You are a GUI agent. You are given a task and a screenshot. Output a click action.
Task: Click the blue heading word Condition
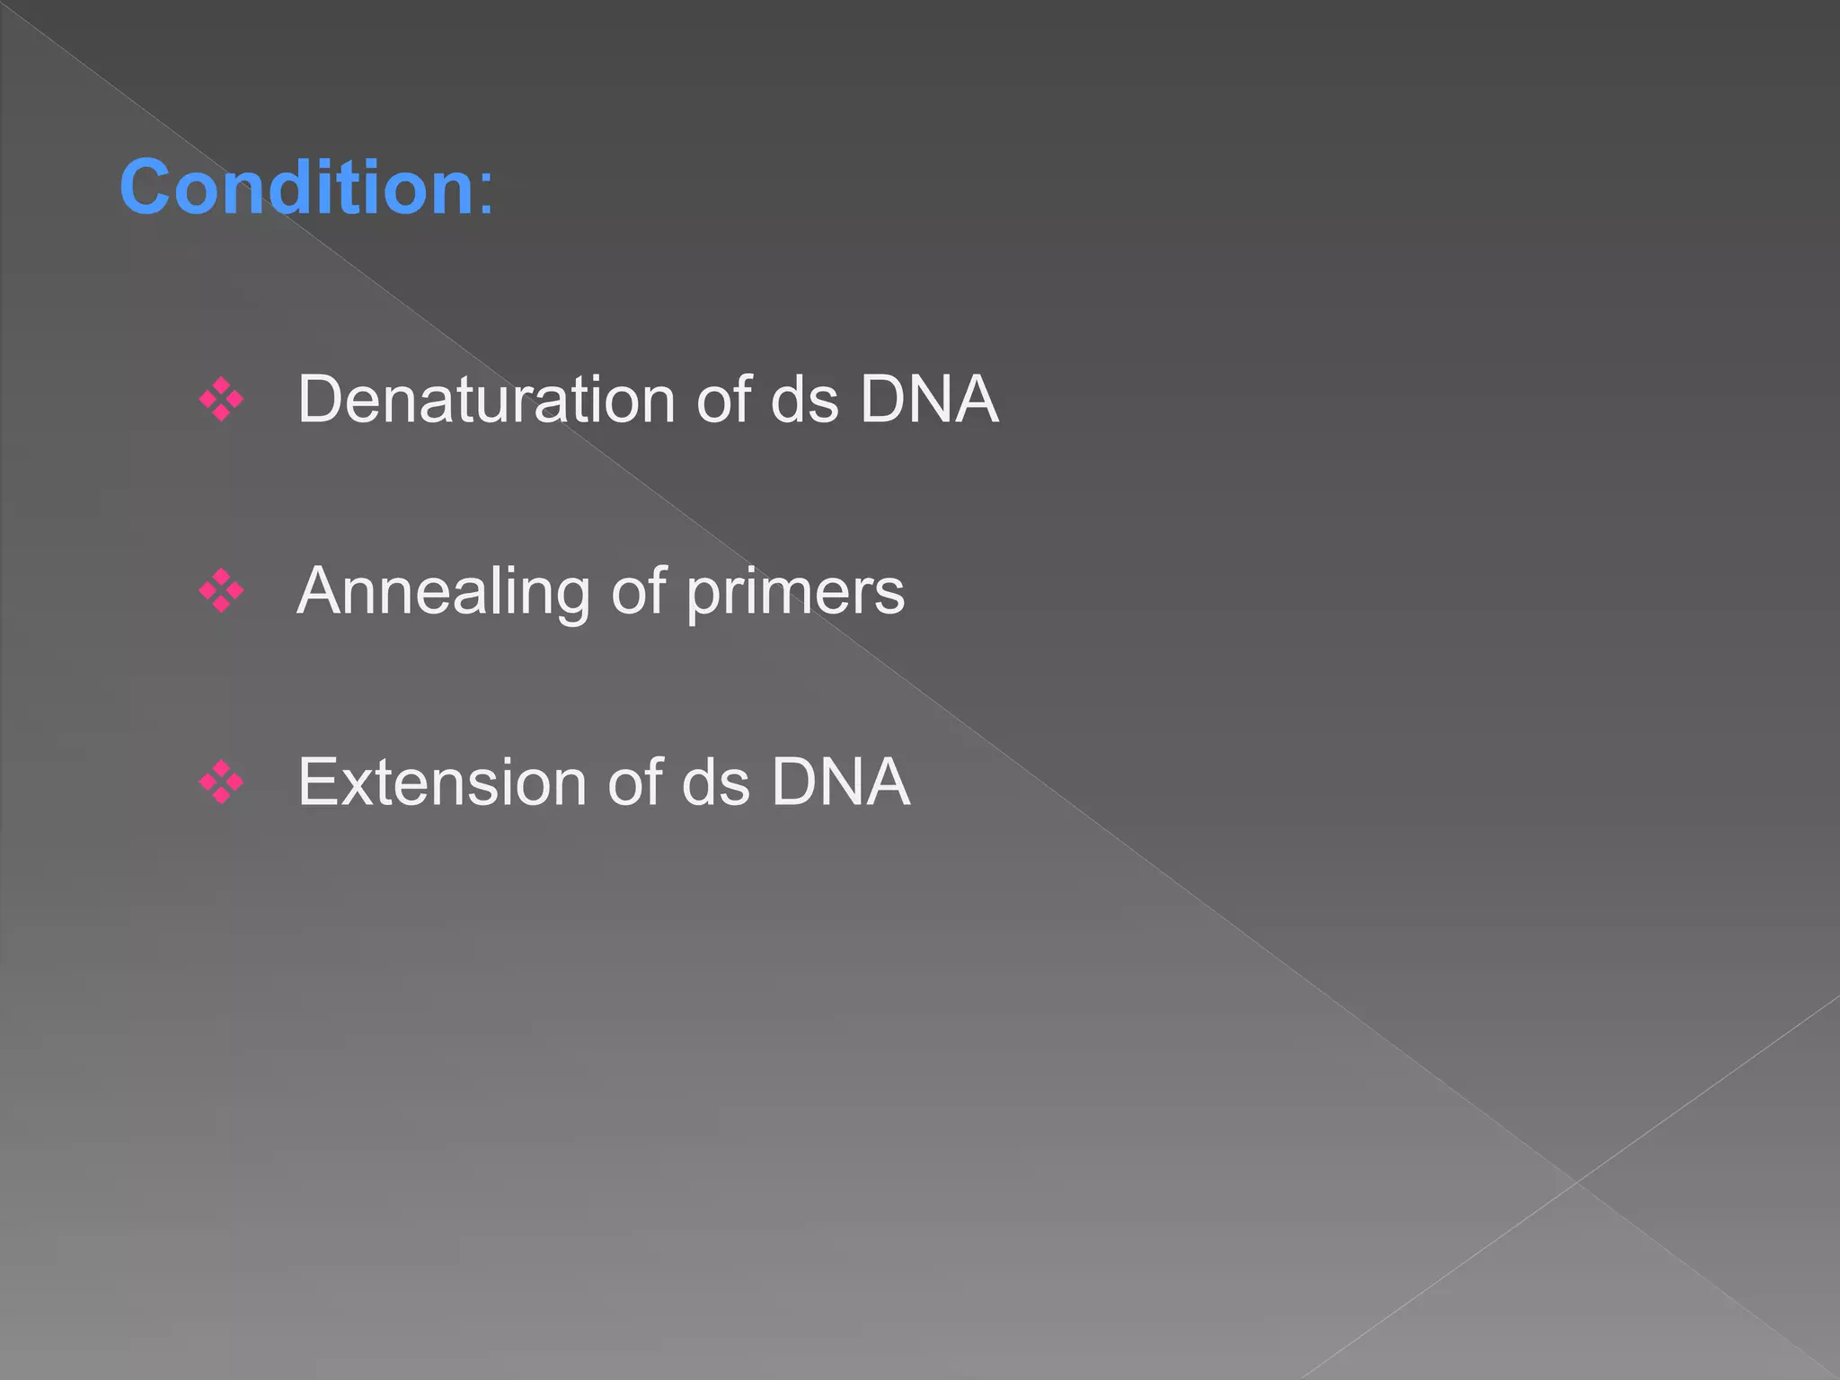click(x=296, y=187)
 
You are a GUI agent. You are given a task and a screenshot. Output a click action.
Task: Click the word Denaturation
click(x=486, y=399)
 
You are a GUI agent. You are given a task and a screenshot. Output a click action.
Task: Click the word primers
click(x=795, y=592)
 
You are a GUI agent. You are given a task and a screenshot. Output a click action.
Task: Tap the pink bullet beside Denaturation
click(x=221, y=400)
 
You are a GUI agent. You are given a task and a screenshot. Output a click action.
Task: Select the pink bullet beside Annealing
click(x=221, y=591)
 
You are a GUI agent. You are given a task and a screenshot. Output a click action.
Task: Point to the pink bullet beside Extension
click(x=221, y=782)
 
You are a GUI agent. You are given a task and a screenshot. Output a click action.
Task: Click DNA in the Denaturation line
click(x=929, y=399)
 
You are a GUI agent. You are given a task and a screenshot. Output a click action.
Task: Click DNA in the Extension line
click(x=841, y=782)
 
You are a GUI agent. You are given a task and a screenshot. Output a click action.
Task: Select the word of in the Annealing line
click(x=639, y=592)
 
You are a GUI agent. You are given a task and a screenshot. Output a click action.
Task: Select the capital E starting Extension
click(x=319, y=782)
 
